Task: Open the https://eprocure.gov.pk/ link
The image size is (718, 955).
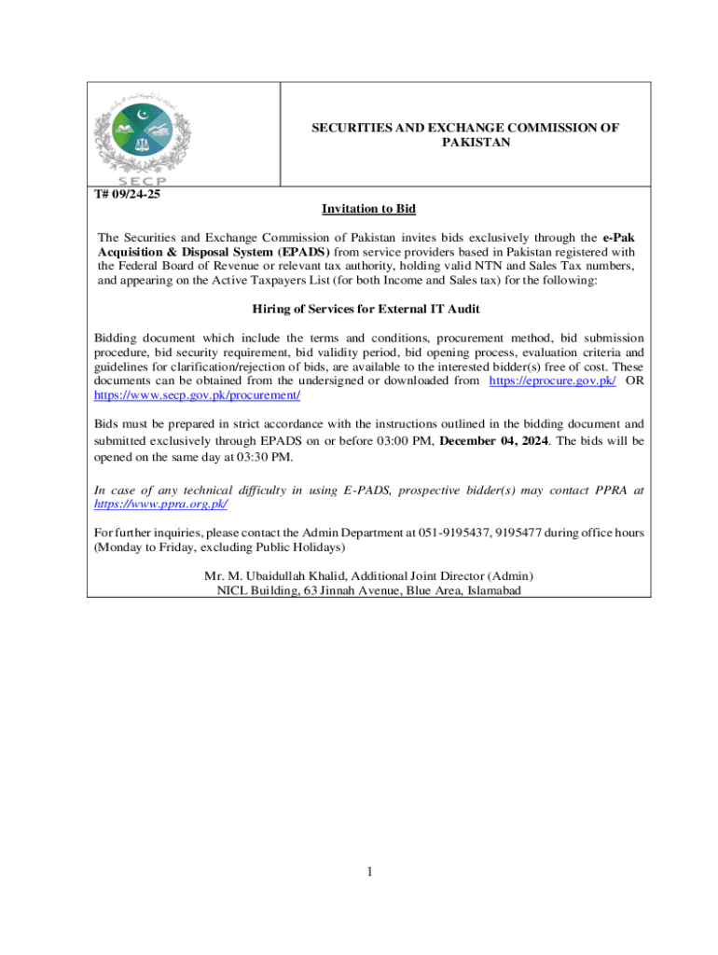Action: coord(552,381)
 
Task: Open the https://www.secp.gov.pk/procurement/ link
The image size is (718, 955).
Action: coord(198,395)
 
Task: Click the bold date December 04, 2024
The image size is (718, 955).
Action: coord(494,440)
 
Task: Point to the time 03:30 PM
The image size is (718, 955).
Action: coord(265,457)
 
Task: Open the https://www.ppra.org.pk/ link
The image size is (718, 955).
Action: coord(161,504)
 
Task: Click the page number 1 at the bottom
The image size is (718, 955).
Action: coord(369,872)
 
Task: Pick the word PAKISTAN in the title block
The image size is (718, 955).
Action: coord(476,143)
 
